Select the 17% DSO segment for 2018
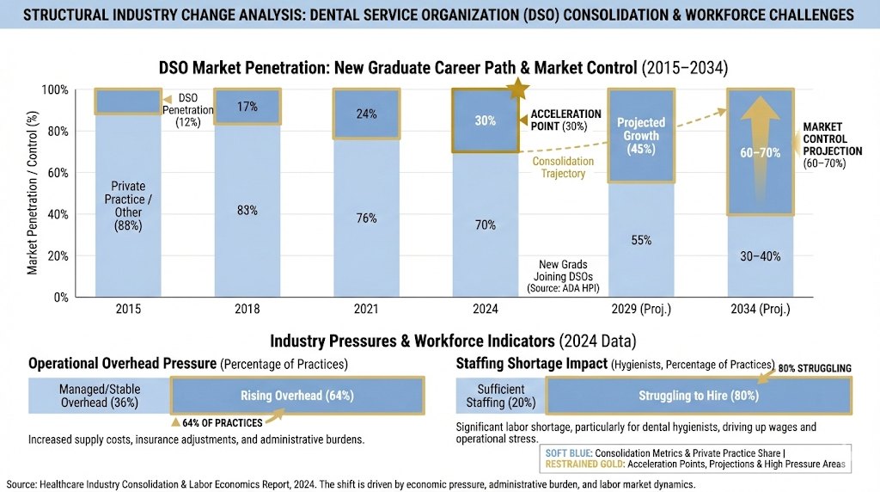pos(247,107)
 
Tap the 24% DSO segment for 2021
pos(367,114)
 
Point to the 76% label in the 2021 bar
pos(367,218)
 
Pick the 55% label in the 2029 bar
pos(641,240)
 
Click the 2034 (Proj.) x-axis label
pos(761,309)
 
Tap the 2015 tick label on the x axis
pos(128,309)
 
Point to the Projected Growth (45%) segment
pos(641,135)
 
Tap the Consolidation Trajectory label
pos(564,167)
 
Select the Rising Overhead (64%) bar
pos(296,397)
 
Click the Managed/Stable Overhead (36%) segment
pos(101,396)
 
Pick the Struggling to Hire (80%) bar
pos(697,397)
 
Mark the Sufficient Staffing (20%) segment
pos(501,396)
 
